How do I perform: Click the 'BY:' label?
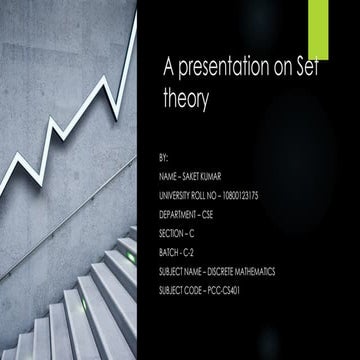click(164, 159)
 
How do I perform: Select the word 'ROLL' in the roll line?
click(206, 196)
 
